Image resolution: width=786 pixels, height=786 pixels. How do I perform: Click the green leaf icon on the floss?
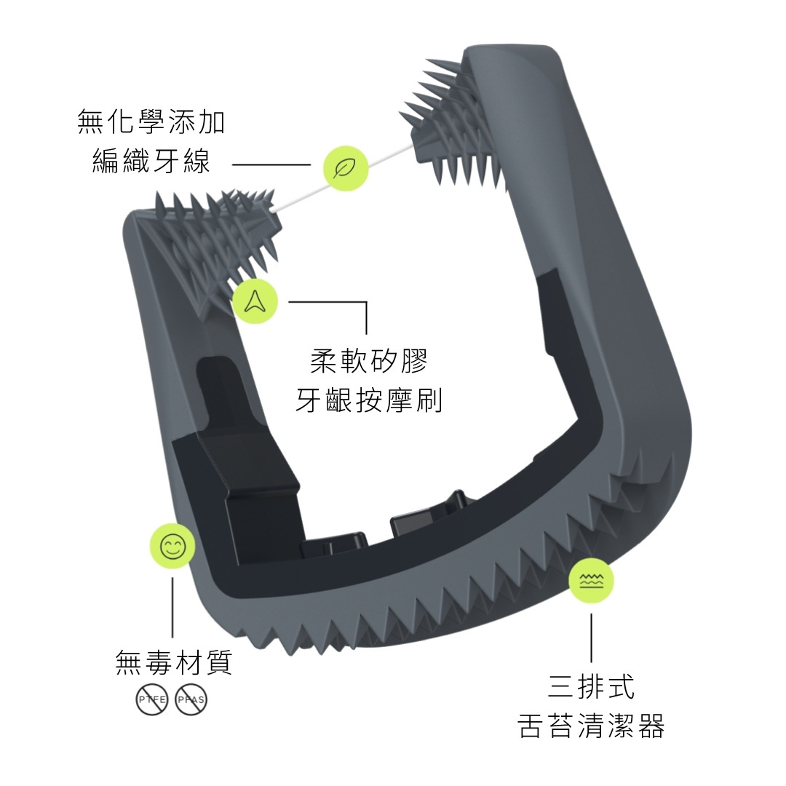346,169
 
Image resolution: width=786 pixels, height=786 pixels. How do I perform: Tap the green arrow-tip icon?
255,301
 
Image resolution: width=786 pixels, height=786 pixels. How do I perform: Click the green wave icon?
591,581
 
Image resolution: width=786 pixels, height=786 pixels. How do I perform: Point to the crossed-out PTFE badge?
152,700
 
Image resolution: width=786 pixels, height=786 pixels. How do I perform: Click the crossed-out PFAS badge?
191,700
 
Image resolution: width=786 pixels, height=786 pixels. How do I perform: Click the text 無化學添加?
151,122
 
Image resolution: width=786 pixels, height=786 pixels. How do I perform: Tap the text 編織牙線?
151,162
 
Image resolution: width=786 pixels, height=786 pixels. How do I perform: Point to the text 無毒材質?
174,663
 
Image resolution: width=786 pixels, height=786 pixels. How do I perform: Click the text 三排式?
591,686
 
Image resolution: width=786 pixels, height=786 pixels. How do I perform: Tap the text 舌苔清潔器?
591,726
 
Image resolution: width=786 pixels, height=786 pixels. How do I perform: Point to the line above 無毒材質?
172,608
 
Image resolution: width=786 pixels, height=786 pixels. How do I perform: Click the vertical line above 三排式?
591,637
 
